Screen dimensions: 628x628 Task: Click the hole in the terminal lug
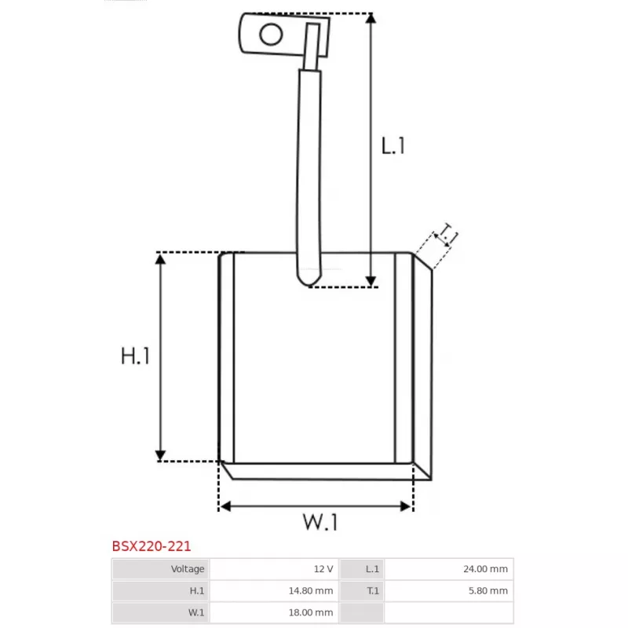click(x=272, y=35)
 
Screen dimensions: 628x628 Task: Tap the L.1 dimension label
click(x=393, y=145)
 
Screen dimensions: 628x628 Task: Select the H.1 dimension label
click(x=135, y=356)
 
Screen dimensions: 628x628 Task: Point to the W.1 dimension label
click(x=319, y=521)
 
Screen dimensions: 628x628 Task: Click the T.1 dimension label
click(x=447, y=234)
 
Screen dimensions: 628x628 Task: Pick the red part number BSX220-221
click(x=151, y=546)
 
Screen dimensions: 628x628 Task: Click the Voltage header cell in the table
click(x=160, y=569)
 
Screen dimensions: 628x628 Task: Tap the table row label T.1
click(x=372, y=591)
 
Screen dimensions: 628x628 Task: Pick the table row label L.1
click(x=372, y=569)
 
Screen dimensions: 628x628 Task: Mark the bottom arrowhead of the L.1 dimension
click(x=371, y=281)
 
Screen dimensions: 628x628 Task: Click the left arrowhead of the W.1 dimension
click(x=225, y=506)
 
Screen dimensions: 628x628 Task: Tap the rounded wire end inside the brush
click(x=307, y=276)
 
